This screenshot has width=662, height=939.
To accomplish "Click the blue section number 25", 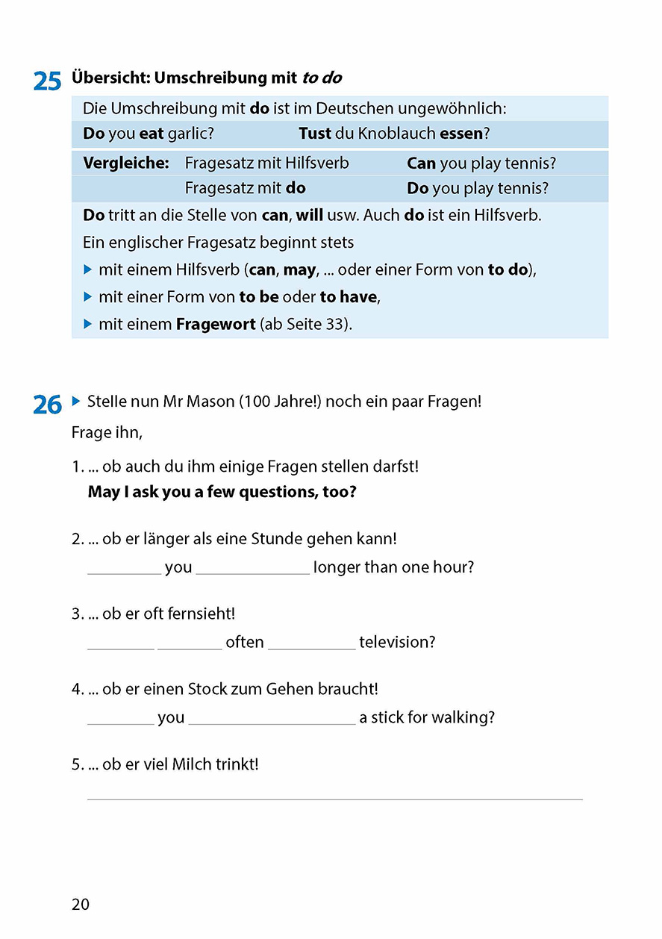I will click(x=47, y=81).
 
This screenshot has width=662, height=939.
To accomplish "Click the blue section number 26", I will click(x=47, y=405).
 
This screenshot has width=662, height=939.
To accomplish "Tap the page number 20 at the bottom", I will click(x=81, y=904).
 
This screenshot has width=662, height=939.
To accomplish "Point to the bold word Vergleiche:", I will click(x=126, y=163).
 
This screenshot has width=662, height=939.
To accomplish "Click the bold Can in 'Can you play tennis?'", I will click(x=421, y=163).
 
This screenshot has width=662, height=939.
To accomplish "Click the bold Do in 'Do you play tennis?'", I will click(x=417, y=188).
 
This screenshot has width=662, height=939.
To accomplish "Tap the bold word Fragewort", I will click(x=216, y=324).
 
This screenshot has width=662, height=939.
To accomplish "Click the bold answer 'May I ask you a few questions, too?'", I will click(x=222, y=492).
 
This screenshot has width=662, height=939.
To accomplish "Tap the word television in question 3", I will click(x=397, y=642).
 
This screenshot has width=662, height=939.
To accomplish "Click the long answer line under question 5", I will click(x=334, y=798).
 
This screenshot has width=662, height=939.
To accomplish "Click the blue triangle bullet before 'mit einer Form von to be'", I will click(x=87, y=296).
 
